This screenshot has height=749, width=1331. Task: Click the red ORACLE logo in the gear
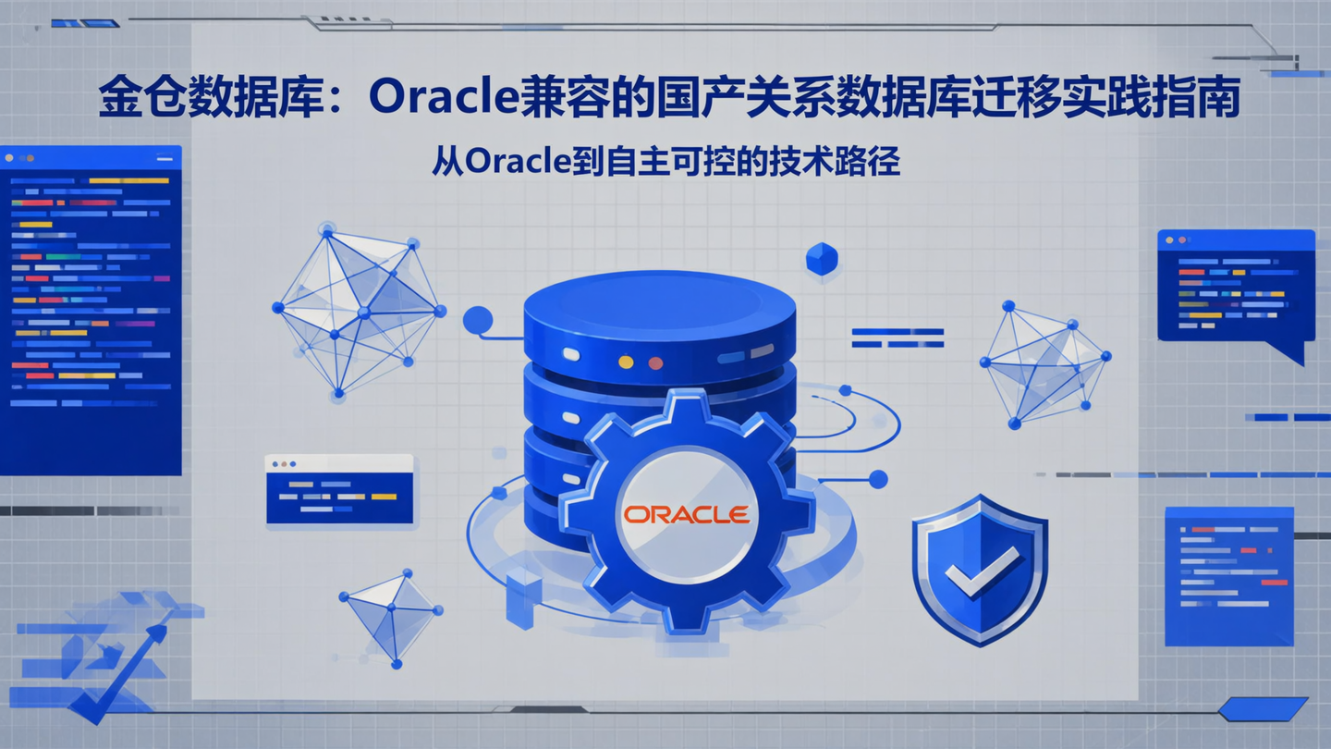(686, 514)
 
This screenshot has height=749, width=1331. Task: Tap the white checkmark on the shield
(982, 571)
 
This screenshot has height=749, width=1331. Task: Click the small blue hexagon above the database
(821, 259)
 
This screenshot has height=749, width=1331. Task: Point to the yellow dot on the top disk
(626, 362)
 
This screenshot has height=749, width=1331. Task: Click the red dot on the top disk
(655, 362)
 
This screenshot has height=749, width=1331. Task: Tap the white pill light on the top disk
(570, 354)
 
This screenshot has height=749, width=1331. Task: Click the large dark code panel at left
(91, 310)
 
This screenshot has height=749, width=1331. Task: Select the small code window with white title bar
(339, 489)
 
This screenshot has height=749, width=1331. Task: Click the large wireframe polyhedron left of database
(359, 310)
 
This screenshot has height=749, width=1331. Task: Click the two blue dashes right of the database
(897, 338)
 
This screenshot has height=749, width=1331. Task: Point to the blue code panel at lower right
(1227, 576)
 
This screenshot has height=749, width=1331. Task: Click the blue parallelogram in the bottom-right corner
(1262, 709)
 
